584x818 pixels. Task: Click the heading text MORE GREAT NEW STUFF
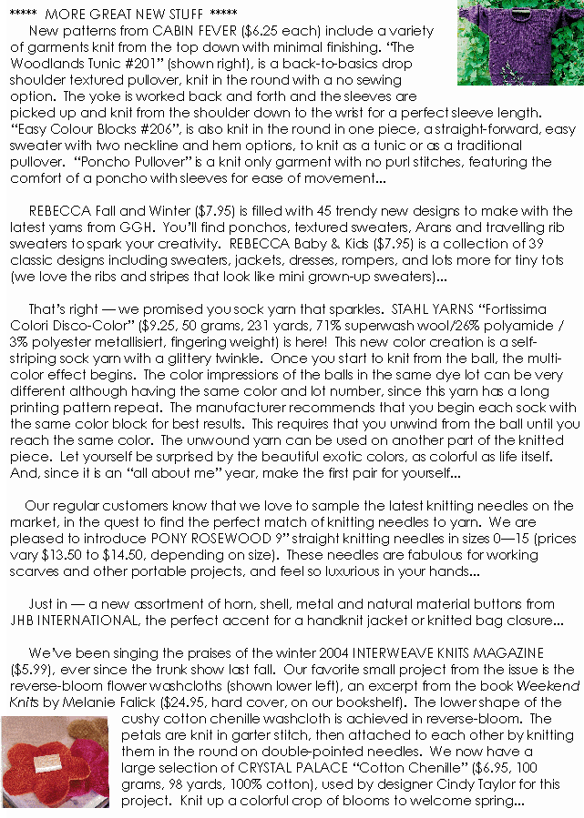124,15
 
